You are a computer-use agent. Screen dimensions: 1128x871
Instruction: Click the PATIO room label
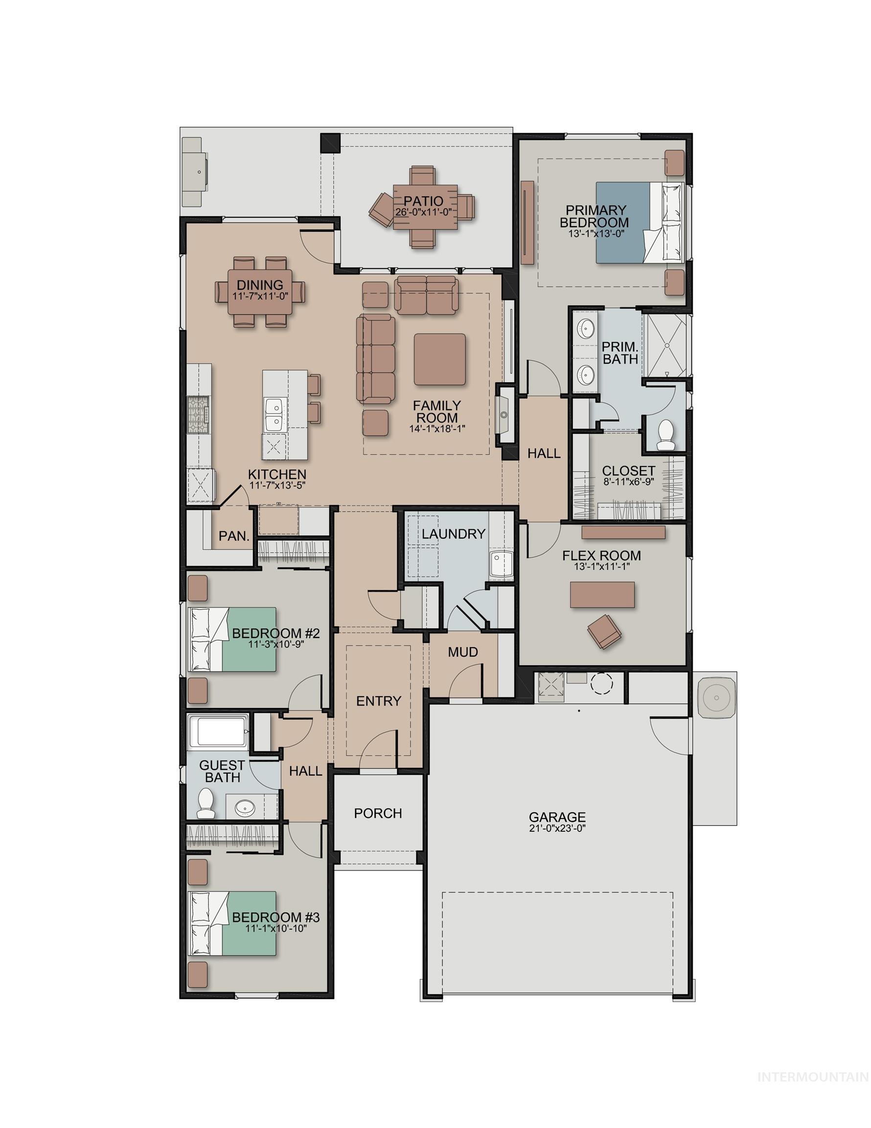[x=423, y=200]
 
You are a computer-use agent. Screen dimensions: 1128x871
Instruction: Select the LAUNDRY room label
[x=453, y=534]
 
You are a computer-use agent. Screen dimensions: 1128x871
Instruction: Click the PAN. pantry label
[x=234, y=536]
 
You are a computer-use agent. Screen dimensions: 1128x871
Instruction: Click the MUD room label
[x=462, y=652]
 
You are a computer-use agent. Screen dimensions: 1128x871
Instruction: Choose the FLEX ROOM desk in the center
[x=602, y=594]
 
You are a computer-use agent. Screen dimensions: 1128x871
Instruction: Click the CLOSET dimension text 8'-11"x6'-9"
[x=628, y=482]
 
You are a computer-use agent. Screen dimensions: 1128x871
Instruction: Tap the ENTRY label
[x=378, y=701]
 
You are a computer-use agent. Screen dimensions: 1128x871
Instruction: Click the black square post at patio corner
[x=330, y=143]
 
